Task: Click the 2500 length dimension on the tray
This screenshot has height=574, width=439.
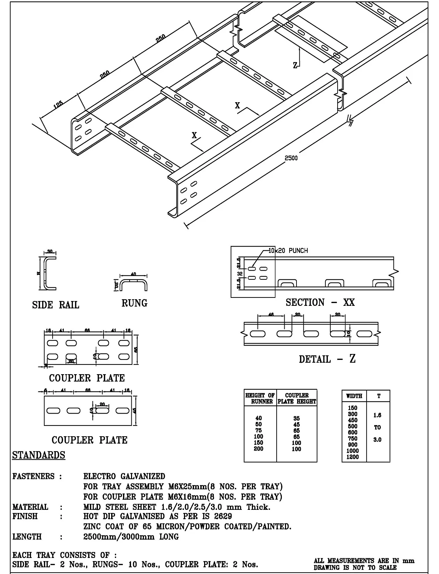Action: pos(291,158)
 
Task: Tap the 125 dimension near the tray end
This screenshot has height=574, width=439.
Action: pos(58,105)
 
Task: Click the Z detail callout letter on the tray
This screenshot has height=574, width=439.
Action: pos(295,65)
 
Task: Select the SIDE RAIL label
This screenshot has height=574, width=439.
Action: pos(56,305)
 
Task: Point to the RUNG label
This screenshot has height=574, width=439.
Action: pos(134,303)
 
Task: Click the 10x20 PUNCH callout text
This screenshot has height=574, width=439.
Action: pos(288,250)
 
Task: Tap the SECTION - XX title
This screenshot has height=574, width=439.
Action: pos(320,302)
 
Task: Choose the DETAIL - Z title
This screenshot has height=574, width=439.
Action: pos(327,359)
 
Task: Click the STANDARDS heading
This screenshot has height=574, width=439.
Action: pos(39,455)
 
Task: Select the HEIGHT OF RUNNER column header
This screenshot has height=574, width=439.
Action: pos(260,398)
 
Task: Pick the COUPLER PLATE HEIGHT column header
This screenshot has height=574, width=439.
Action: pos(297,398)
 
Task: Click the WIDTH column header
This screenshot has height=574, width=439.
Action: pos(354,396)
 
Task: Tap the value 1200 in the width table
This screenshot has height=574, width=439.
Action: pos(353,457)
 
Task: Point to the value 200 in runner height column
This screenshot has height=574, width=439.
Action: pos(259,449)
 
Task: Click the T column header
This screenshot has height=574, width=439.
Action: pos(378,396)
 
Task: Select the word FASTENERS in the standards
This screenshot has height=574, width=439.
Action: pos(33,476)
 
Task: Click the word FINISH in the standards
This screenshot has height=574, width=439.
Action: pos(25,516)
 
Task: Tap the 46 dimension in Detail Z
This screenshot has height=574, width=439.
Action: pos(271,315)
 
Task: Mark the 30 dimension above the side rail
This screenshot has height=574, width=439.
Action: pos(50,251)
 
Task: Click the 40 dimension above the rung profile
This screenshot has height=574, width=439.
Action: pos(133,274)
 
